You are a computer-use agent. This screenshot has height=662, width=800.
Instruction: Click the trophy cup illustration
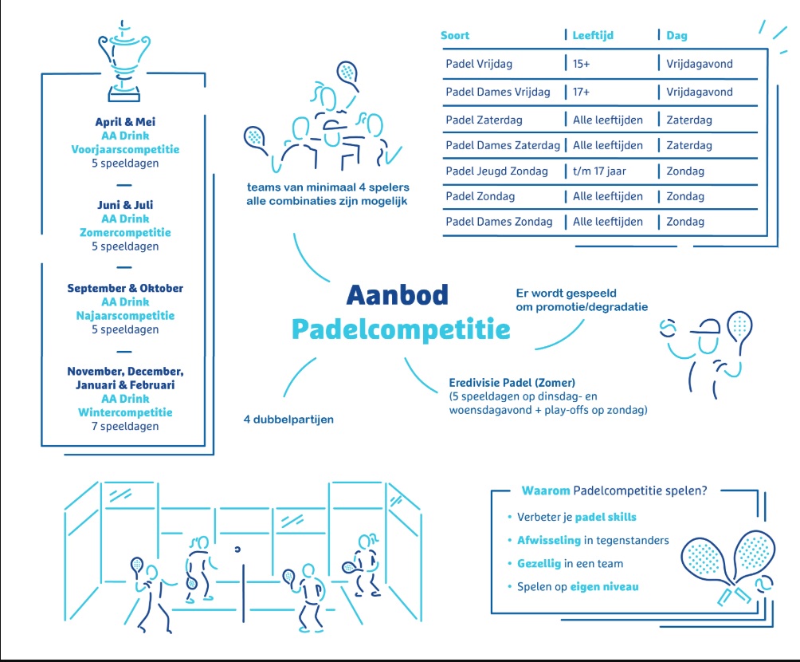click(124, 61)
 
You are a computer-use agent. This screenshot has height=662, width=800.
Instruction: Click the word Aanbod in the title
click(398, 295)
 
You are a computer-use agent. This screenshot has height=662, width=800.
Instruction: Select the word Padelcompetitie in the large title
click(401, 329)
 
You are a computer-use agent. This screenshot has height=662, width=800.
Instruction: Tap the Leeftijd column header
click(593, 35)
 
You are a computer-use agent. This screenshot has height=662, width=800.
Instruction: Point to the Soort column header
click(455, 35)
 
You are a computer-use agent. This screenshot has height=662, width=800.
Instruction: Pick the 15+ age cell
click(581, 64)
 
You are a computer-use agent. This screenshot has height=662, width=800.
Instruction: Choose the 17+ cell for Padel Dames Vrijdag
click(581, 92)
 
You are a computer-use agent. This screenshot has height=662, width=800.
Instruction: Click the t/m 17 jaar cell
click(599, 171)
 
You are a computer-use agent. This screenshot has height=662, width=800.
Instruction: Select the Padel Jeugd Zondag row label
click(497, 171)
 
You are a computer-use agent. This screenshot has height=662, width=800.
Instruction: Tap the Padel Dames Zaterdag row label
click(503, 146)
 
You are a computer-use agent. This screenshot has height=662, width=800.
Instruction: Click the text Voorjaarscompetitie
click(126, 150)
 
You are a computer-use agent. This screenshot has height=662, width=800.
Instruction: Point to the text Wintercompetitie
click(126, 412)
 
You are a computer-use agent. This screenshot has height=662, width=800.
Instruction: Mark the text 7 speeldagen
click(126, 426)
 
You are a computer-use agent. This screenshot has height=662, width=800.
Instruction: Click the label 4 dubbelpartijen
click(288, 420)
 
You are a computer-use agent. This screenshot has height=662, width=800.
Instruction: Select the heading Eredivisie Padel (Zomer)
click(512, 383)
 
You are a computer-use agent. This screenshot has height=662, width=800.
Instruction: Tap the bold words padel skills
click(606, 517)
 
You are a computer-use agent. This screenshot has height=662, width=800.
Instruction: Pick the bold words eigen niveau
click(605, 587)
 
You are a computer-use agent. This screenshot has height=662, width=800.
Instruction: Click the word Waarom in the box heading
click(545, 491)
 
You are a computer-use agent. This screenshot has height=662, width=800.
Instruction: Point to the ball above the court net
click(237, 550)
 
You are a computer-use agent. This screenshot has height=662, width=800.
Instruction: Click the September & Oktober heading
click(126, 288)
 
